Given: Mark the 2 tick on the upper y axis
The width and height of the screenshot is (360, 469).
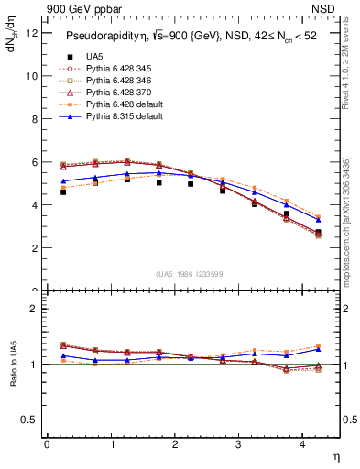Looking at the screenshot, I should coord(34,248).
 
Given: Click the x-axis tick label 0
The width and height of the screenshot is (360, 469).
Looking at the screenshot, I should coord(47,444).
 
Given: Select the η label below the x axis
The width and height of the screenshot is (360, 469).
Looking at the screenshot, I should coord(335,455).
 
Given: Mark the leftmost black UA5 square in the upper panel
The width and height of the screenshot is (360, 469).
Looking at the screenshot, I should coord(63,192).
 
